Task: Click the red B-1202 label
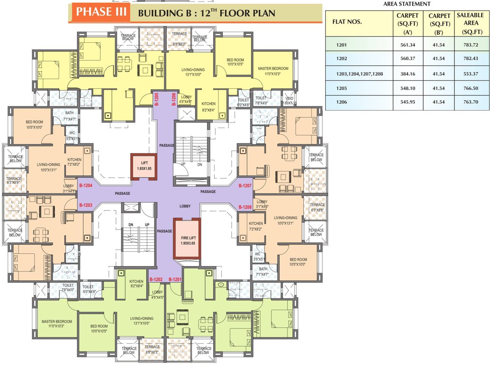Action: point(157,279)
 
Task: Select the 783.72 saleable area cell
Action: point(469,45)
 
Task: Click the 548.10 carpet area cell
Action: point(407,88)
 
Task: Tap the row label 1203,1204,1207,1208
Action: point(360,74)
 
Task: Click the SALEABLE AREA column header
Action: point(469,24)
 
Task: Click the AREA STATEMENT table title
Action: point(407,4)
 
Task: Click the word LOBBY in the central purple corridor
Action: point(185,207)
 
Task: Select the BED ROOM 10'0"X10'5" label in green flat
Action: point(100,329)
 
